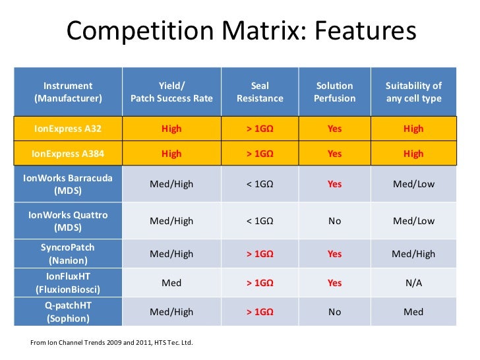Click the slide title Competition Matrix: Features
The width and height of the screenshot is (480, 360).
241,32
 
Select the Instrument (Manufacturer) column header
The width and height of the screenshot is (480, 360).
68,92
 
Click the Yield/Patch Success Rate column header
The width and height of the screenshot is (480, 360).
171,92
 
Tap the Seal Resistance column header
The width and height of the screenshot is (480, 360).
260,92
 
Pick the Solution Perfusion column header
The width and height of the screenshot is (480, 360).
335,92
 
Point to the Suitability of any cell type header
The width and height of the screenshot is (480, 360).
413,92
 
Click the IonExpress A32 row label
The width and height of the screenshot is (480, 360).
68,129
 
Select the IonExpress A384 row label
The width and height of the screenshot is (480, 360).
68,154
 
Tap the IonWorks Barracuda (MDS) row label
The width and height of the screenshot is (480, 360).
68,184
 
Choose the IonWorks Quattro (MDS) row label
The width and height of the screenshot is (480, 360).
68,221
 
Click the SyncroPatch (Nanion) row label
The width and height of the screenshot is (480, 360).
68,253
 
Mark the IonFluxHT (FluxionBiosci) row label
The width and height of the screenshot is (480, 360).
68,283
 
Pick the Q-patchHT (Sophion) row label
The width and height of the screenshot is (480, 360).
68,312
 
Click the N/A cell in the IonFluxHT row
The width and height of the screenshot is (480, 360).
413,283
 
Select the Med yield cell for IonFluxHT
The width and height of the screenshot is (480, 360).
171,283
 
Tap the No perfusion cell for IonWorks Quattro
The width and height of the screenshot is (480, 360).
335,222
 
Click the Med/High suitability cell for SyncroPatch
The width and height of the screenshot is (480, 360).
413,254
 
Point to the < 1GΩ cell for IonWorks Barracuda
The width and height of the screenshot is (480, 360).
260,184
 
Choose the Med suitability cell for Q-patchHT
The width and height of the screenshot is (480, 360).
413,312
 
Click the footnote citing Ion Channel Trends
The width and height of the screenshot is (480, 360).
112,343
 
